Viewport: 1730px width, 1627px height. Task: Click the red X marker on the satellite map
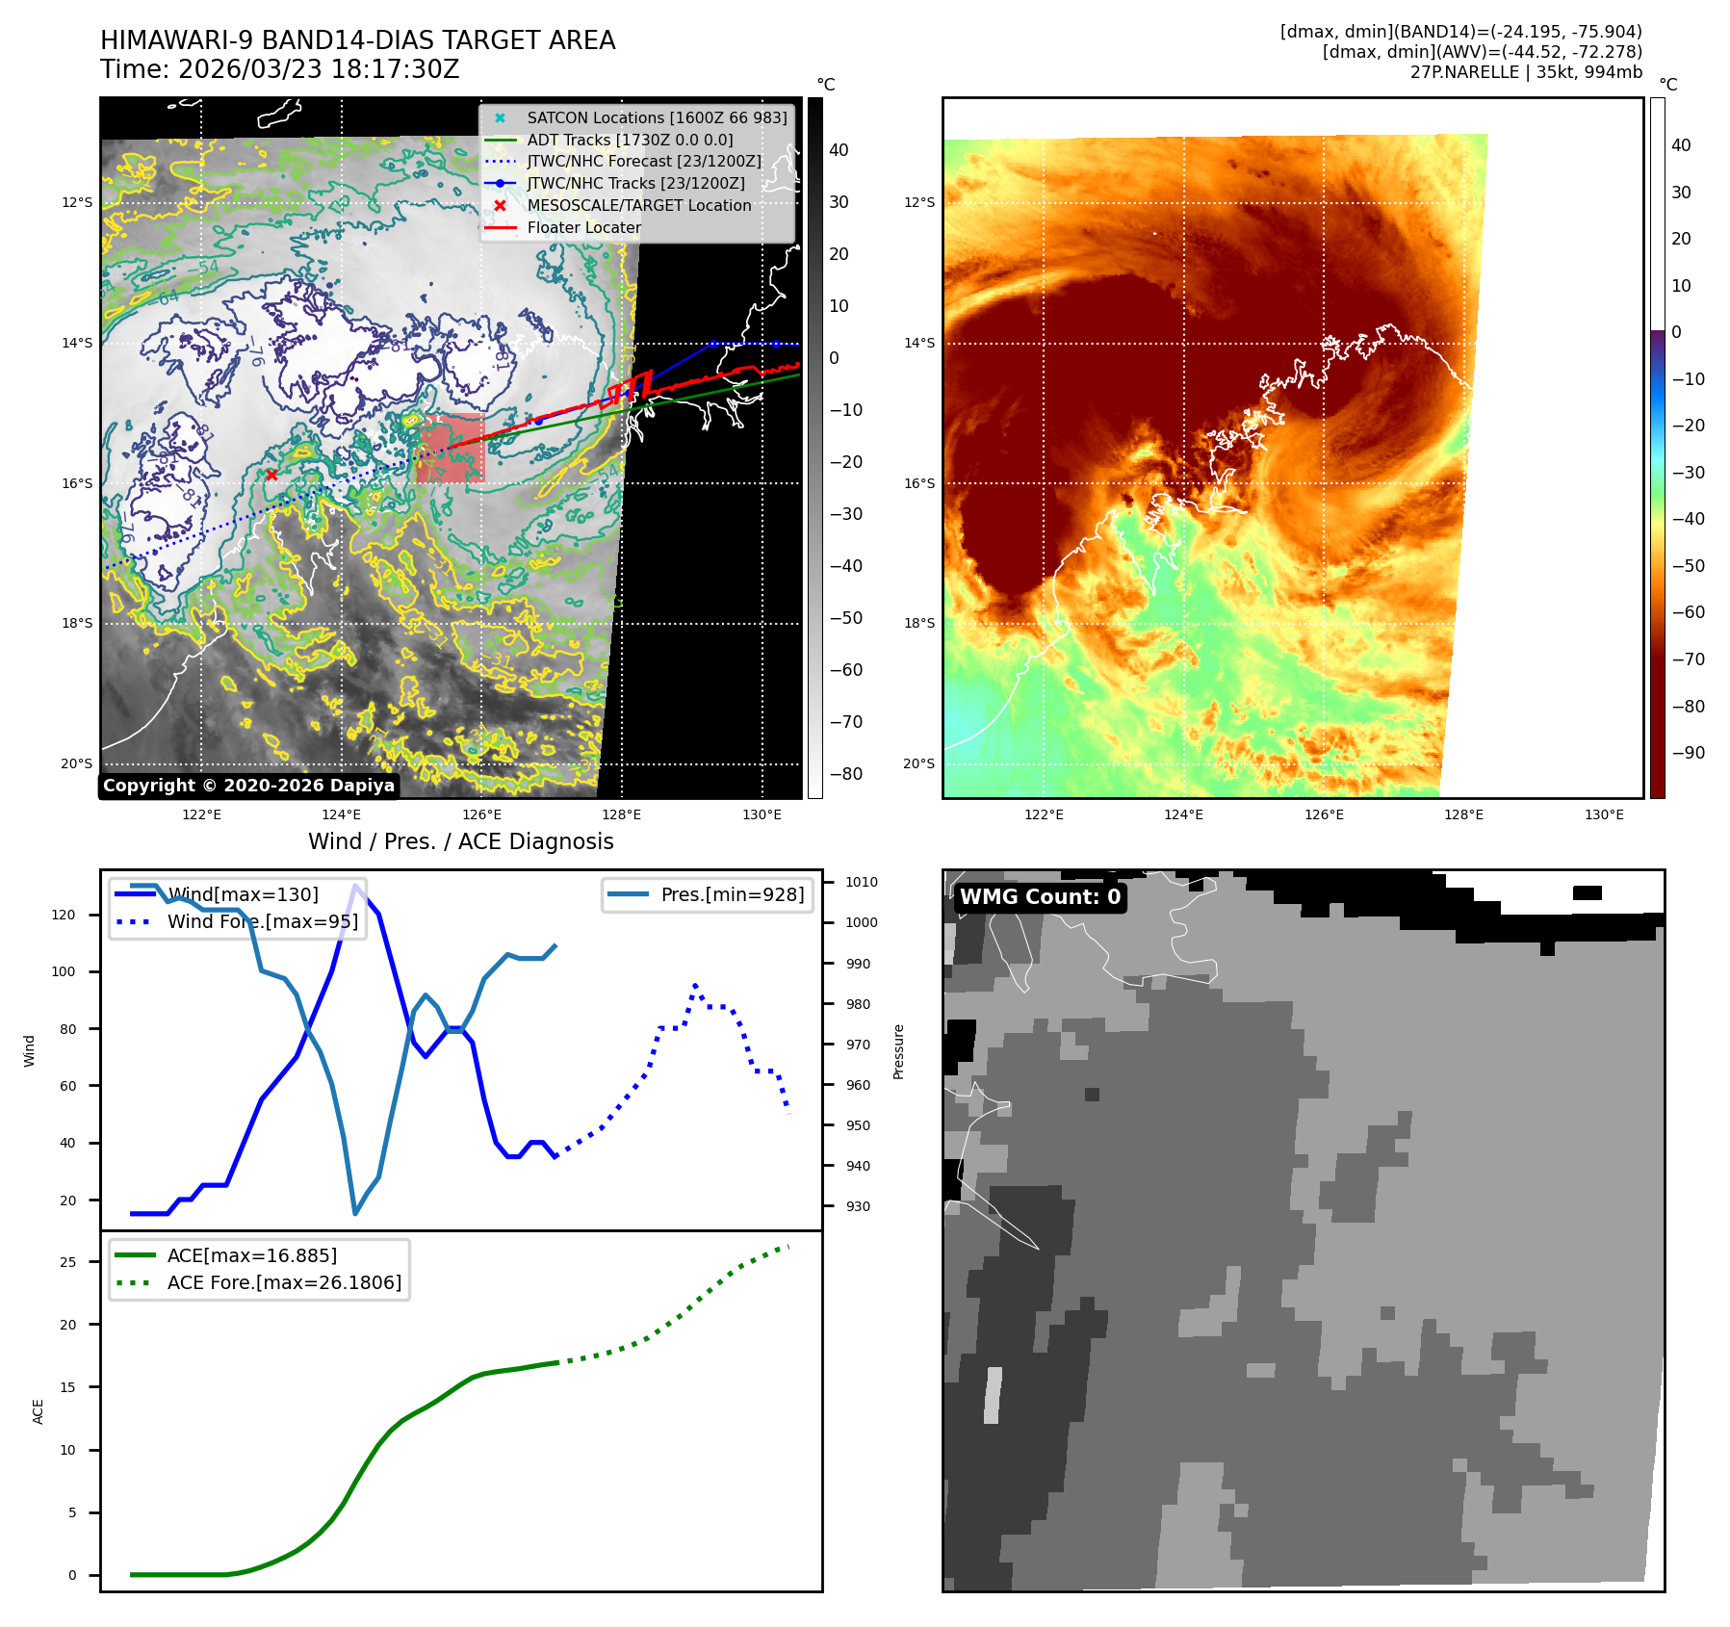(x=271, y=475)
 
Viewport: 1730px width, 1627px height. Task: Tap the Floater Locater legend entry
(x=583, y=227)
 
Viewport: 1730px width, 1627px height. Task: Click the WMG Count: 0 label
(x=1040, y=897)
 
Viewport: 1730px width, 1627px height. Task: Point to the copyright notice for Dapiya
(x=248, y=786)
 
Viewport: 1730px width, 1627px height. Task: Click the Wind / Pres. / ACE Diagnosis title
(x=460, y=841)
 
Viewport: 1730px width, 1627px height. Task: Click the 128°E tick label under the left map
(x=621, y=814)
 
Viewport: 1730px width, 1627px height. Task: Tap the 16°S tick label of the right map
(x=918, y=483)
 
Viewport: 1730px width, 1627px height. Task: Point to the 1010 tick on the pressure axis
(x=861, y=882)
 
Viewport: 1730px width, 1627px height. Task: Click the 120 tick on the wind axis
(x=64, y=915)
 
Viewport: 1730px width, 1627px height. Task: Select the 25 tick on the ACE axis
(x=67, y=1262)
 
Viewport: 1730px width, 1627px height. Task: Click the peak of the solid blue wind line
(x=356, y=886)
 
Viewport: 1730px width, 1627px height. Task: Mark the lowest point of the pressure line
(x=355, y=1213)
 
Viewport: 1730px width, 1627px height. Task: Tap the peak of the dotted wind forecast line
(x=695, y=986)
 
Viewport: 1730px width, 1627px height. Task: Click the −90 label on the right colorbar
(x=1688, y=753)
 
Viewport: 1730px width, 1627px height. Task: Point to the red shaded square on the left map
(x=451, y=448)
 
